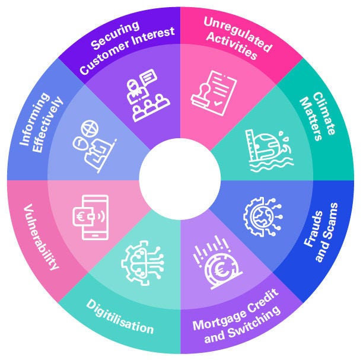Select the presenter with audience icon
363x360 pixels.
(x=145, y=95)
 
